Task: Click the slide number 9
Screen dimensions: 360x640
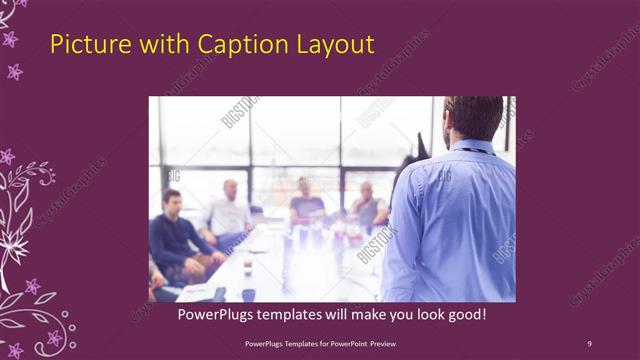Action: click(x=589, y=344)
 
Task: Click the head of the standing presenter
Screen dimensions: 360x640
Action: click(x=473, y=117)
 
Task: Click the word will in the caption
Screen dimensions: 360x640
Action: click(x=335, y=315)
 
